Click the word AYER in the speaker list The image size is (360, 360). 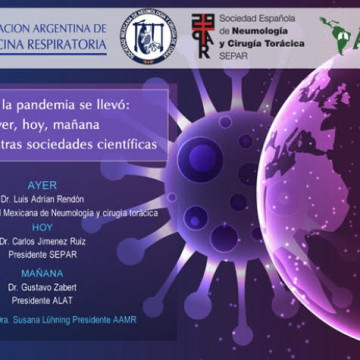tap(43, 184)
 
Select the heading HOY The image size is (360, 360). tap(43, 228)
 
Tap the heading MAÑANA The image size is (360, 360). tap(43, 272)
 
